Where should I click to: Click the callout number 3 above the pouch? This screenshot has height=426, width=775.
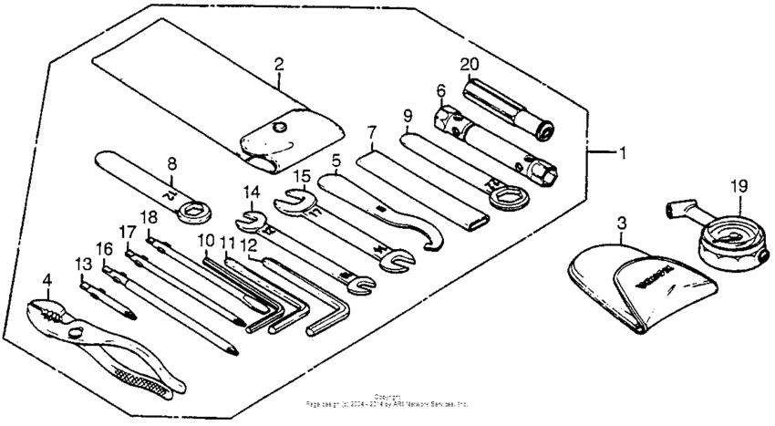click(622, 223)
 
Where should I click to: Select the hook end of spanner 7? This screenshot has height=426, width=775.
click(437, 239)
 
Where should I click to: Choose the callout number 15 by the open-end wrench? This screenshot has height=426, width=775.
click(302, 174)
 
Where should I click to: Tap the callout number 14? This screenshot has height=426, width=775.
click(252, 192)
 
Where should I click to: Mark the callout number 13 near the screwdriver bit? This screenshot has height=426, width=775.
click(84, 264)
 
